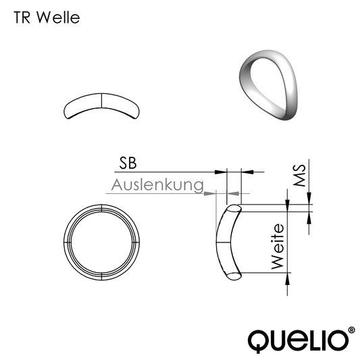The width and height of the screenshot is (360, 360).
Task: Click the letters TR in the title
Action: pos(23,18)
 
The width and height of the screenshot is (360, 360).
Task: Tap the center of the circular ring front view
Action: pos(102,241)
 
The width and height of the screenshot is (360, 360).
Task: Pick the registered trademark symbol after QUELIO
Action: pos(350,331)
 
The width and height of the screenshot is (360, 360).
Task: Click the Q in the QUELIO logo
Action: pos(261,339)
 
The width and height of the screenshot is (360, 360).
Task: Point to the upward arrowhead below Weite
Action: pos(289,279)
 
